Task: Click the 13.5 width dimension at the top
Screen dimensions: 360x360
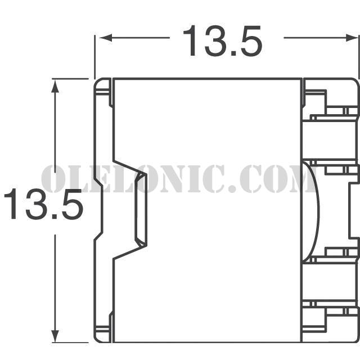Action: coord(222,41)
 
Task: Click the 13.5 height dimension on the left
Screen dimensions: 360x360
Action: coord(44,204)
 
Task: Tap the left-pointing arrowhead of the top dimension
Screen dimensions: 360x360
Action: coord(106,38)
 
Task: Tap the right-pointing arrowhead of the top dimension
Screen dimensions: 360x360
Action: coord(352,38)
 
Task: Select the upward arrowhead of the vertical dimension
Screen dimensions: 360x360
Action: coord(55,87)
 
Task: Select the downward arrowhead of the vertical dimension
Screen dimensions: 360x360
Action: coord(55,336)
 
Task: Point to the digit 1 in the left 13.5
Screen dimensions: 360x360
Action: coord(11,204)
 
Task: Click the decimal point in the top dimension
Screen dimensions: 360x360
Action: coord(233,53)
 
